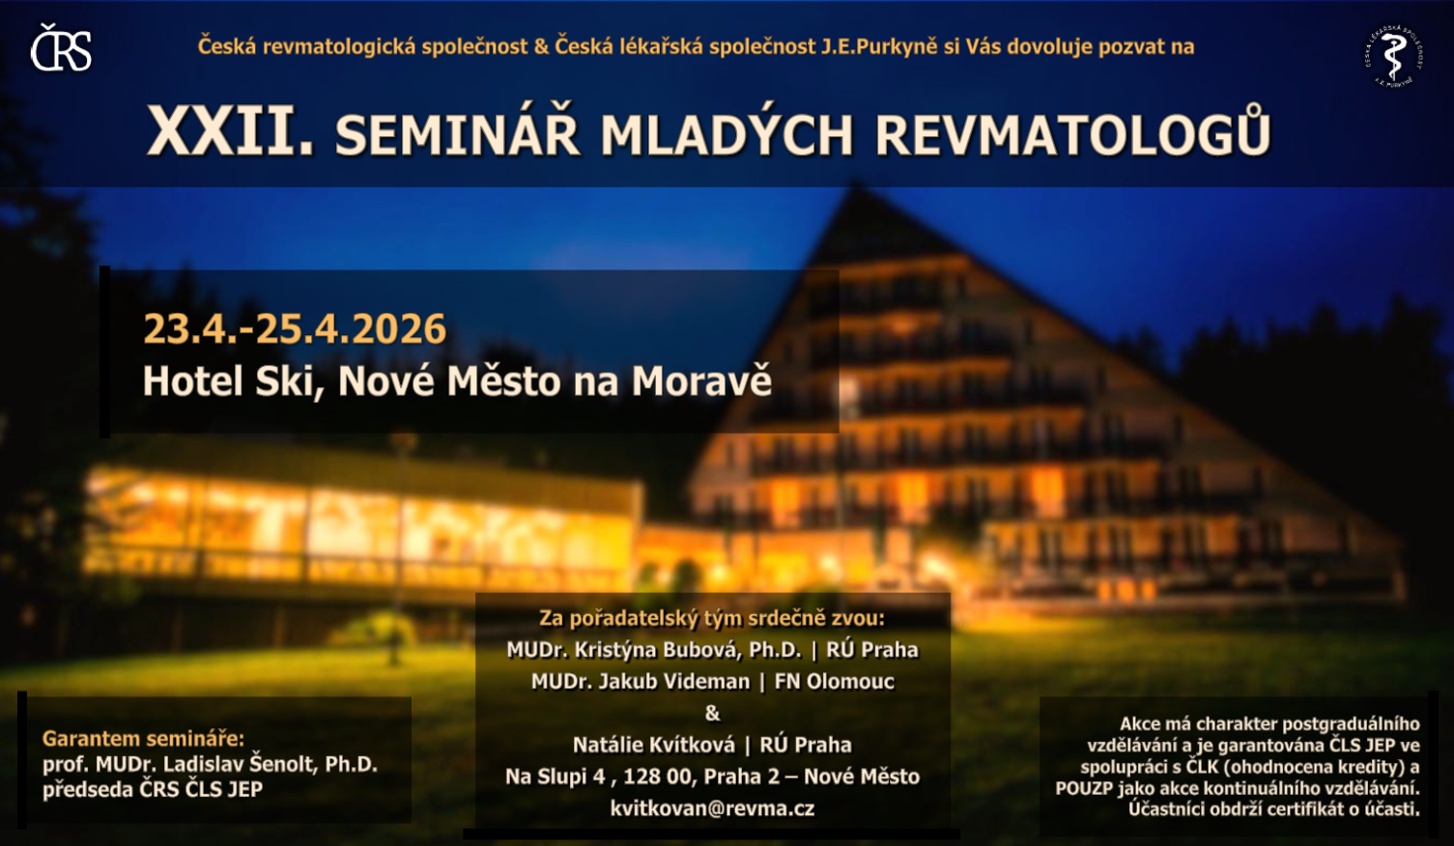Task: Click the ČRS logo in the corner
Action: coord(61,47)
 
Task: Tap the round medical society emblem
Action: coord(1394,56)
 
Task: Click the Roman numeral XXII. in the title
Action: coord(231,131)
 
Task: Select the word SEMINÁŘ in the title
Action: coord(457,135)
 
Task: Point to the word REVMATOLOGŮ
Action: coord(1072,133)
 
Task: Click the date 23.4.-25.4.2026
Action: coord(295,328)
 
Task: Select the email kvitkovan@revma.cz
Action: coord(712,808)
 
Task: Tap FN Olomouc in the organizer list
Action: coord(834,681)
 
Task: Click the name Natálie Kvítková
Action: coord(654,745)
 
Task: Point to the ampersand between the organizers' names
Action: coord(712,713)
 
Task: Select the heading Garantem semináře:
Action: coord(143,739)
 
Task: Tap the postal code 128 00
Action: coord(657,776)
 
